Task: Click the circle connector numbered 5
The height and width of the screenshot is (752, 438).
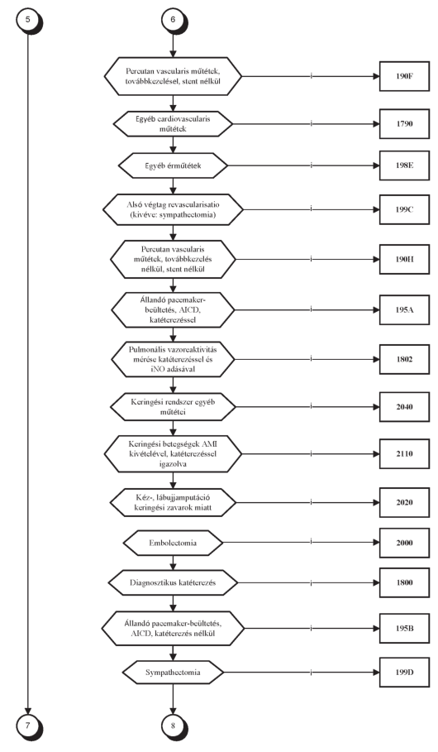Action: [28, 20]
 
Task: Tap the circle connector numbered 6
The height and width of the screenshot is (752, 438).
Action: [173, 20]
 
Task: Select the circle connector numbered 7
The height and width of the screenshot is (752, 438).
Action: [28, 726]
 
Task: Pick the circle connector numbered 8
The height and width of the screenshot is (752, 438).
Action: [173, 726]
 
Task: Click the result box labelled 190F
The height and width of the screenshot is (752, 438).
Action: [404, 76]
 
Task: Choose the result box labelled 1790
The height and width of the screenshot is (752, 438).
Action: [404, 124]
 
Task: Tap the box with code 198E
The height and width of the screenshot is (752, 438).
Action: [404, 165]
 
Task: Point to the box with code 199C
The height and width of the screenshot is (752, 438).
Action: [404, 209]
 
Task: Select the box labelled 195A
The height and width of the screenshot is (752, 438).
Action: [404, 309]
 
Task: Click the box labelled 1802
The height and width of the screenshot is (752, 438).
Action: [404, 359]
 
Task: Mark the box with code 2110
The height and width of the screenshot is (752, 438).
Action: [404, 453]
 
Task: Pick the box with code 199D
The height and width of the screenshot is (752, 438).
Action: [404, 672]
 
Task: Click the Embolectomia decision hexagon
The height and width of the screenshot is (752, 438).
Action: [173, 543]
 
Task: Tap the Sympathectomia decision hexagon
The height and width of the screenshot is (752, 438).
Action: [173, 673]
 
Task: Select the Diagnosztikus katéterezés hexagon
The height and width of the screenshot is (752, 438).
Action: [173, 582]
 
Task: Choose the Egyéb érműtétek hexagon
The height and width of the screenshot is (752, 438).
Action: [173, 166]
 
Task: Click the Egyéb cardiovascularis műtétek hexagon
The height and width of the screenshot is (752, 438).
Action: [173, 124]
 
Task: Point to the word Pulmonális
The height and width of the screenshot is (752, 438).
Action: [146, 349]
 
